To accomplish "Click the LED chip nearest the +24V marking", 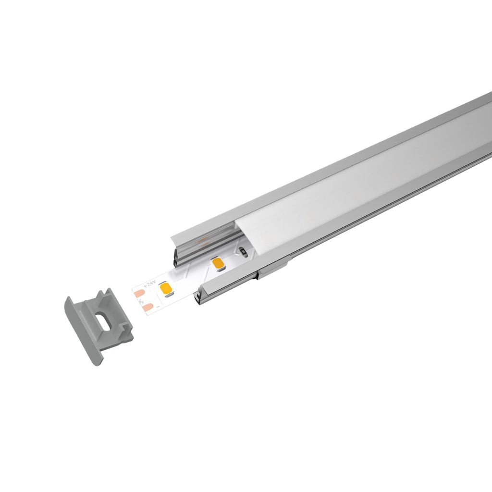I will [168, 289].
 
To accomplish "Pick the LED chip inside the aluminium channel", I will [217, 263].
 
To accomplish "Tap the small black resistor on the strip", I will [243, 251].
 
